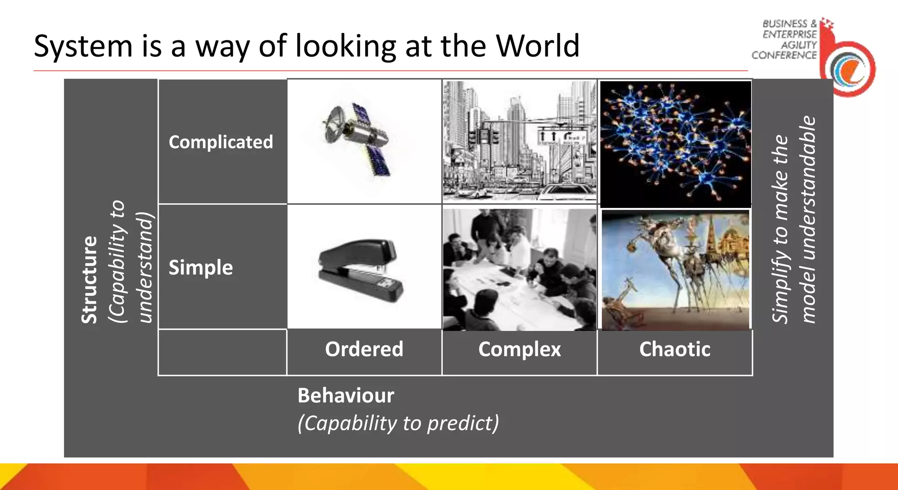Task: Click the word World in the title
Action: point(538,46)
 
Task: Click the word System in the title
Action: point(83,46)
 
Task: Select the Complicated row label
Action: point(221,142)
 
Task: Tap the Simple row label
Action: point(200,268)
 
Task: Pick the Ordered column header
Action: point(364,349)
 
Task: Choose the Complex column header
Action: point(519,349)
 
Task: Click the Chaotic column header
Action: point(674,349)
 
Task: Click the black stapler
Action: point(360,270)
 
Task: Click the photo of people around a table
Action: point(520,269)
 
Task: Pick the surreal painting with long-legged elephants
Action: point(675,270)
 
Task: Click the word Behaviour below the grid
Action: point(346,395)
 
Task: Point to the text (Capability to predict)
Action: point(398,423)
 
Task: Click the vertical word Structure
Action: point(89,280)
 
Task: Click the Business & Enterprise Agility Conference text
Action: point(785,39)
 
